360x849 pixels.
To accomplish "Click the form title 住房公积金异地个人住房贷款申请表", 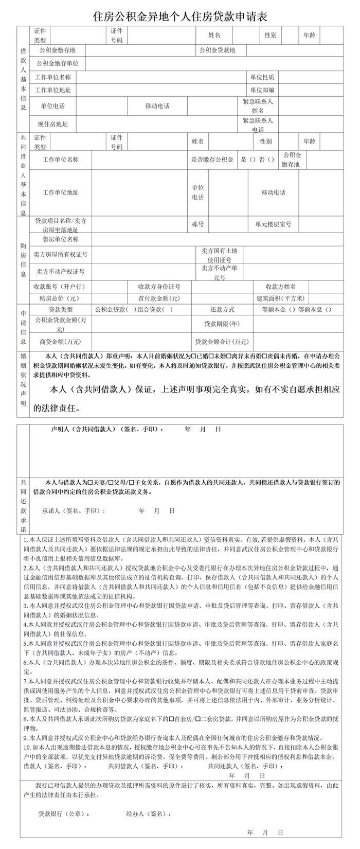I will pos(180,16).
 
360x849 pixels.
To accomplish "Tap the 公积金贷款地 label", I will pos(217,50).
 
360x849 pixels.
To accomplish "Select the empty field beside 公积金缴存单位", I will pos(214,63).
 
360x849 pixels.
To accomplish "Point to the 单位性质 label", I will pos(262,77).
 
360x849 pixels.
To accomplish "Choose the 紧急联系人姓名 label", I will pos(258,106).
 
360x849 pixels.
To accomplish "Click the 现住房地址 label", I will pos(52,124).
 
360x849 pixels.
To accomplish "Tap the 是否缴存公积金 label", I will pos(212,160).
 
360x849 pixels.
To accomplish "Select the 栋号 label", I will pos(198,224).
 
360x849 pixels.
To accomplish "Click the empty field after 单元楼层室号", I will pos(320,224).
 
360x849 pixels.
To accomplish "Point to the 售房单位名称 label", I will pos(60,239).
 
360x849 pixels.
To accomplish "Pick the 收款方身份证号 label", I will pos(159,286).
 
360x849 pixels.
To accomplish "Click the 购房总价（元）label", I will pos(59,298).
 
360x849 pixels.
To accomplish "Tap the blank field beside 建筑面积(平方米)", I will pos(326,298).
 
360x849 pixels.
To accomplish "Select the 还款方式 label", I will pos(222,310).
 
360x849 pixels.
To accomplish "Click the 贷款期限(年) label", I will pos(222,324).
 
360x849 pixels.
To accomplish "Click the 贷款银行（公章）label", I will pos(64,814).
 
